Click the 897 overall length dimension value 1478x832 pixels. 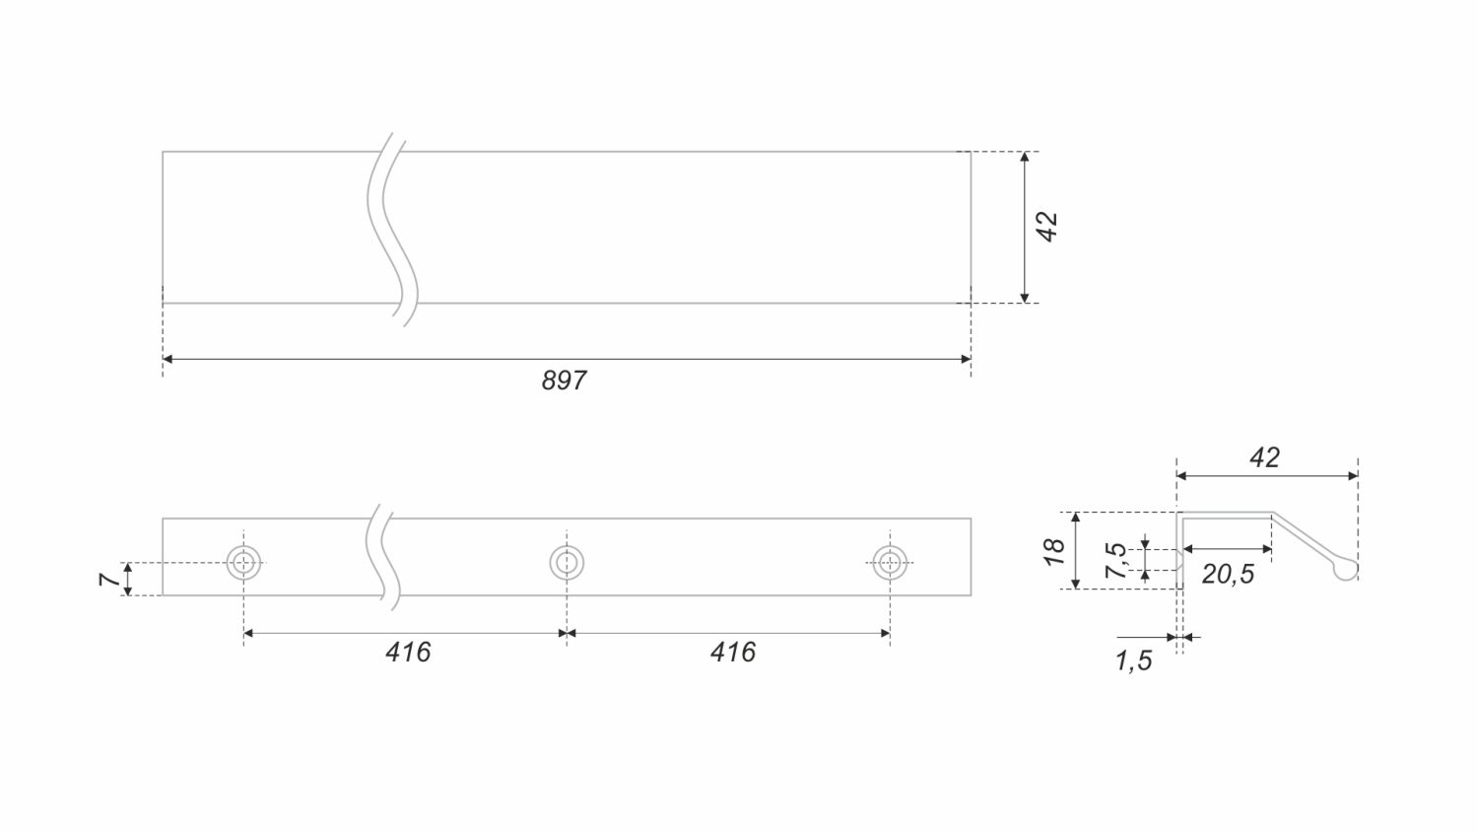564,381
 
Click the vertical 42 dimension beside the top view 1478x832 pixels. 1046,227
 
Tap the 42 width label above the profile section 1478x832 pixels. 1265,457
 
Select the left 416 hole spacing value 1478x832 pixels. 408,653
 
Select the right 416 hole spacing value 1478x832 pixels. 732,653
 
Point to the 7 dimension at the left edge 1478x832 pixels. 108,580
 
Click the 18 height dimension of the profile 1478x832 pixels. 1054,552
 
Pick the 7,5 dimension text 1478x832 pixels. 1115,561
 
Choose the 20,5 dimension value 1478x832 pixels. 1228,575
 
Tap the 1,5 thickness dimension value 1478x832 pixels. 1133,661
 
